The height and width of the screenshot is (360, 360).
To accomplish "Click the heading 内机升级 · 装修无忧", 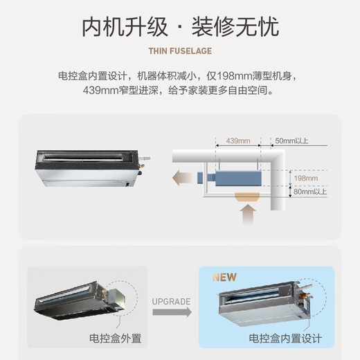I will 179,27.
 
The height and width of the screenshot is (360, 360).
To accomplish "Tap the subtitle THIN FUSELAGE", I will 179,51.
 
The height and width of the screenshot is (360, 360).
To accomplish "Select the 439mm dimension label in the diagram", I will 238,141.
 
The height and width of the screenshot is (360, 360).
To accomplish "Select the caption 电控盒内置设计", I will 285,339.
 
